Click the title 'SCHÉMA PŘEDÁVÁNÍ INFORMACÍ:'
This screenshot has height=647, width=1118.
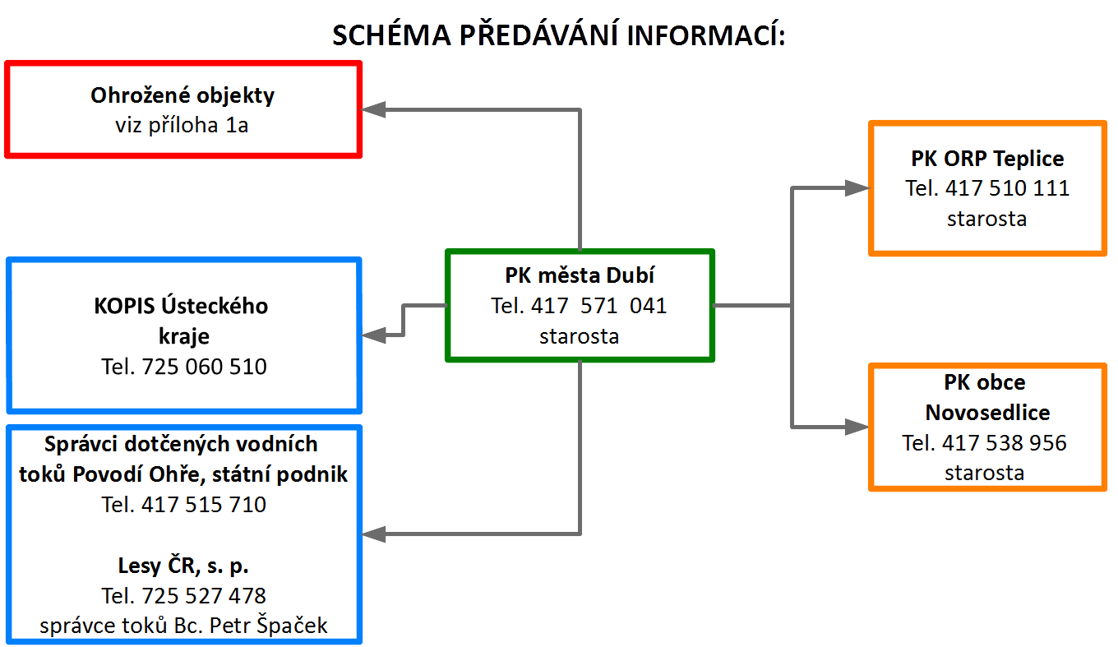tap(559, 35)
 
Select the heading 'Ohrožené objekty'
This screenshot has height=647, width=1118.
tap(182, 95)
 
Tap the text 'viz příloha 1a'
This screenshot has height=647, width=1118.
tap(182, 125)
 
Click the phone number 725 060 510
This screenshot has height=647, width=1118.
tap(204, 367)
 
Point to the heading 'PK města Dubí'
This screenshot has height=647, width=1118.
tap(580, 275)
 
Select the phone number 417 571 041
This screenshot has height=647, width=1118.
tap(599, 306)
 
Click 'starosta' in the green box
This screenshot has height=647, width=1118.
tap(579, 336)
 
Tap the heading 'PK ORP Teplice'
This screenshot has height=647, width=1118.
tap(987, 159)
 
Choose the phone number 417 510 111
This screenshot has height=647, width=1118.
tap(1007, 188)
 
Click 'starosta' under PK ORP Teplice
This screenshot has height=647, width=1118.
tap(986, 219)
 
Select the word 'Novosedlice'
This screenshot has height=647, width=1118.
tap(987, 413)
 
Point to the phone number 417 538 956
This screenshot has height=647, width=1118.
tap(1005, 443)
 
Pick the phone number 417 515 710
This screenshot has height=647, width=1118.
tap(204, 504)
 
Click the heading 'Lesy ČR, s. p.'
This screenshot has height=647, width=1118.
tap(183, 566)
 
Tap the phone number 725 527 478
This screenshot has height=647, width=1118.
tap(204, 595)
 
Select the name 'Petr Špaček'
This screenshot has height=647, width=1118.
tap(269, 626)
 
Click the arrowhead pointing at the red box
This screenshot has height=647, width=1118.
tap(373, 109)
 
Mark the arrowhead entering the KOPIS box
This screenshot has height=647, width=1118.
tap(373, 335)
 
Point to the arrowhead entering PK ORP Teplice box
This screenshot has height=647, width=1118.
tap(857, 188)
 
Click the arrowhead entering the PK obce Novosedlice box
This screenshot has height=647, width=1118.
tap(857, 427)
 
